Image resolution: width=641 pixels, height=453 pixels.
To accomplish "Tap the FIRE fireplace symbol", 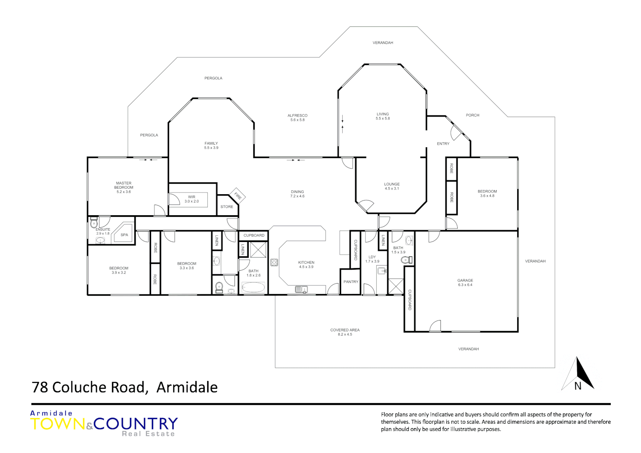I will coord(237,195).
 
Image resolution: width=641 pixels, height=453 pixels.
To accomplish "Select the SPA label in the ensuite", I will coord(124,235).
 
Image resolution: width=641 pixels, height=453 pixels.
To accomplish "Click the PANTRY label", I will coord(351,282).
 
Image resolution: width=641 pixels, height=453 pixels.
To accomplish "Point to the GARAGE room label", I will coord(465,281).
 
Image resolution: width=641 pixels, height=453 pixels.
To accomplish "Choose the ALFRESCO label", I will coord(297,116).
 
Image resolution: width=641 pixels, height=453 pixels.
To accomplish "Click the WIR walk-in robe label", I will coord(192,197).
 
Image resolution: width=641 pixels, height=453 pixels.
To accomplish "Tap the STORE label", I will coord(227,207).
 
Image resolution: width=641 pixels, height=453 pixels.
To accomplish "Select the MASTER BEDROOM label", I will coord(124,185).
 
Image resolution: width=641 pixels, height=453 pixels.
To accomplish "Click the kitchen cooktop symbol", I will coord(274,263).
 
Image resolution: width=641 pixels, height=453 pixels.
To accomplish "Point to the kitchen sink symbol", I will coord(301,289).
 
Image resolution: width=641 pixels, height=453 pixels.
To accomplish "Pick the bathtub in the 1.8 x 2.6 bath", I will coord(253,288).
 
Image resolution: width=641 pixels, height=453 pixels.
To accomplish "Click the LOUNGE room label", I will coord(392,184).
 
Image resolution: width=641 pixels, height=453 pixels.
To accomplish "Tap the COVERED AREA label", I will coord(345,330).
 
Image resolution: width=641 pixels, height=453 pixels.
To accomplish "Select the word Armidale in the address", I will coord(187,387).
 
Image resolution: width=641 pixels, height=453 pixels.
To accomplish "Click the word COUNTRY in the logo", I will coord(136,424).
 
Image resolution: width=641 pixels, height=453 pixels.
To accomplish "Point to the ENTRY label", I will coord(443,144).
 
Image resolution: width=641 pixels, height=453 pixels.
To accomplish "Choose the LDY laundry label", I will coord(372,257).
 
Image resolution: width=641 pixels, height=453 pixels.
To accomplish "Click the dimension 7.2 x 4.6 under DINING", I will coord(297,196).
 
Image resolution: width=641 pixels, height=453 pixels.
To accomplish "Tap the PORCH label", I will coord(472,115).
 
